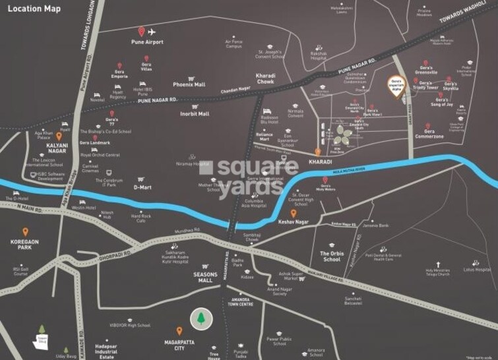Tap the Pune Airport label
pyautogui.click(x=147, y=42)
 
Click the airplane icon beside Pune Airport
pyautogui.click(x=152, y=32)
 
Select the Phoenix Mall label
pyautogui.click(x=189, y=84)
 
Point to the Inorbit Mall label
pyautogui.click(x=195, y=113)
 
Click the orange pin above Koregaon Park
pyautogui.click(x=25, y=231)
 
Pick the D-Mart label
pyautogui.click(x=143, y=187)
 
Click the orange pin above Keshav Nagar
pyautogui.click(x=294, y=213)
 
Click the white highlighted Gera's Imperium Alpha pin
pyautogui.click(x=394, y=87)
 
